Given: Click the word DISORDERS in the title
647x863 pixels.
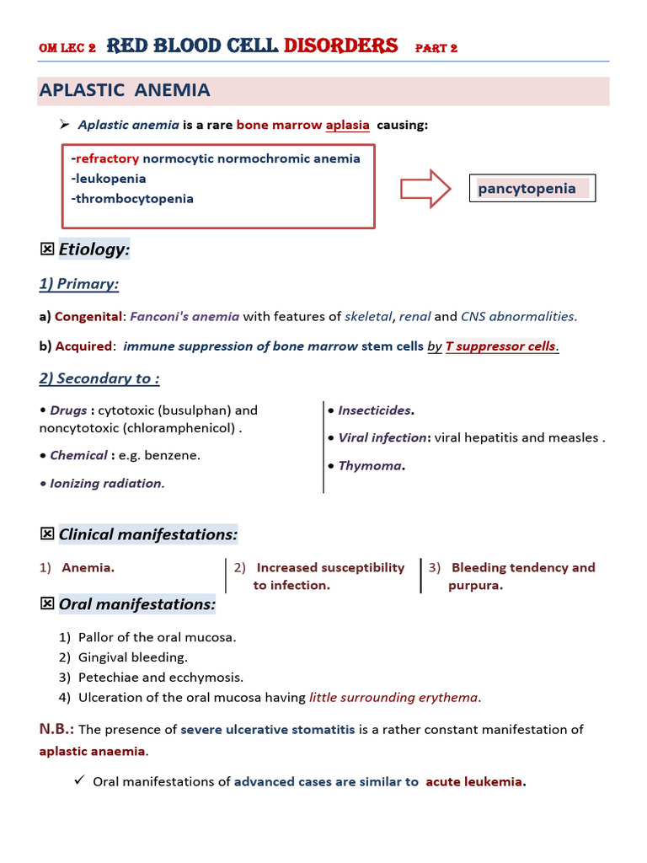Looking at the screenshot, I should pyautogui.click(x=341, y=46).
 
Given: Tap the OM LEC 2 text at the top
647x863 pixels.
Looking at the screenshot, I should pyautogui.click(x=67, y=48).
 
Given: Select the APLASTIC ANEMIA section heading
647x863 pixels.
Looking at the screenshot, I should pyautogui.click(x=125, y=90).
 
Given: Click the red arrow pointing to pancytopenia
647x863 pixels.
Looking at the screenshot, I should pyautogui.click(x=426, y=188).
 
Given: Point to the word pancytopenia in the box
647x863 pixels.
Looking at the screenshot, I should pyautogui.click(x=527, y=188).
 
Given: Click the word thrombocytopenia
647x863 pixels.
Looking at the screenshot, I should pyautogui.click(x=135, y=199).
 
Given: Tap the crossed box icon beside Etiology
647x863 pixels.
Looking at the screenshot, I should pyautogui.click(x=47, y=249).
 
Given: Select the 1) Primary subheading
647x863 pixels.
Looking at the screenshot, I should pyautogui.click(x=78, y=284).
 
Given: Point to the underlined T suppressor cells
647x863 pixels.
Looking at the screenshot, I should pyautogui.click(x=501, y=346).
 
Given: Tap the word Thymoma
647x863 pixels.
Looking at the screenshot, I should pyautogui.click(x=370, y=465).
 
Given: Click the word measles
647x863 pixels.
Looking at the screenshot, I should pyautogui.click(x=575, y=437).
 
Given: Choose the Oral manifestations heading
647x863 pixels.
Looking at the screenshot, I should pyautogui.click(x=136, y=604).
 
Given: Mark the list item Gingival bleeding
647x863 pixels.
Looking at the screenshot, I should pyautogui.click(x=132, y=657).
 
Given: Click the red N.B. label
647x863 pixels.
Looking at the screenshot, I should pyautogui.click(x=56, y=729).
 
